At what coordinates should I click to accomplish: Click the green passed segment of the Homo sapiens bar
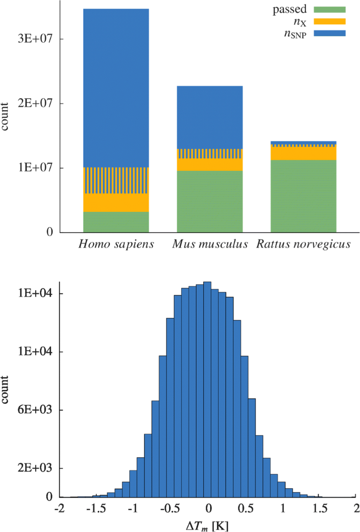click(x=116, y=222)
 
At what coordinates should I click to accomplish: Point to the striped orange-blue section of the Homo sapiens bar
click(x=116, y=180)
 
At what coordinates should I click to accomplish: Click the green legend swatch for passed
click(x=330, y=9)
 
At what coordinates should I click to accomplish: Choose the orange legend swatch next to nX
click(x=330, y=22)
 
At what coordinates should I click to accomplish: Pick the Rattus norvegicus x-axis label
click(x=303, y=245)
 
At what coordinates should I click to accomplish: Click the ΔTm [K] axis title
click(x=209, y=526)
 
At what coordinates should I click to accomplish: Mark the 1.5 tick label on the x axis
click(x=319, y=509)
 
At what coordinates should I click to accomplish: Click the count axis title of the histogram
click(x=6, y=390)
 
